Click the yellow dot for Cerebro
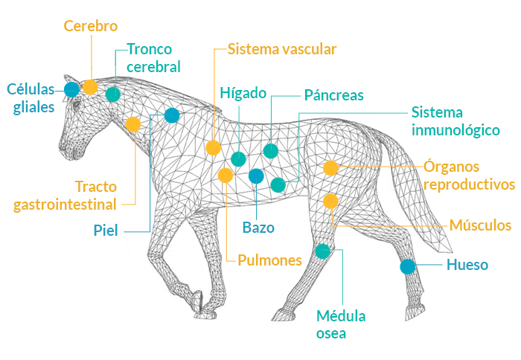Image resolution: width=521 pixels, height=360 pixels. (x=90, y=86)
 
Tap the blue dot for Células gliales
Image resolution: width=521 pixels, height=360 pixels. (x=71, y=89)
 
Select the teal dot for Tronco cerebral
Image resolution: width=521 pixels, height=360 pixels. (x=112, y=94)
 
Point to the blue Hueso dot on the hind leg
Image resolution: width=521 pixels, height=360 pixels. (x=407, y=266)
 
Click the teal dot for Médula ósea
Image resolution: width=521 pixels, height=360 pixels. (x=322, y=251)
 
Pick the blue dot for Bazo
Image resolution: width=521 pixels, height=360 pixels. (x=256, y=176)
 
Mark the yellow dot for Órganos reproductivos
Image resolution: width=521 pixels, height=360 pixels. (x=330, y=168)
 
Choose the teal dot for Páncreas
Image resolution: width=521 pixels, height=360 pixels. (x=271, y=151)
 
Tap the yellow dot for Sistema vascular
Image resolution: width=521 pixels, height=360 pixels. (x=213, y=148)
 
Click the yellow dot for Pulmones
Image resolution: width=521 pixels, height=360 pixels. (x=226, y=176)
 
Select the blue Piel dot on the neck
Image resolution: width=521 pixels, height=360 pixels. (x=172, y=115)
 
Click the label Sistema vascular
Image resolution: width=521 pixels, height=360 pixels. (x=282, y=49)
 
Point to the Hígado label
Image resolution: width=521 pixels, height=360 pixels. (x=243, y=93)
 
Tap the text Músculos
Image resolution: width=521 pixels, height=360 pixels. (x=480, y=225)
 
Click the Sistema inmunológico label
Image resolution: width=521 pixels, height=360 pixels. (x=455, y=121)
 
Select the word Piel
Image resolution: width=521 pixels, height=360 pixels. (x=106, y=230)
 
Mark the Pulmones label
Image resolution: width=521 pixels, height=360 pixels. (x=269, y=260)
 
